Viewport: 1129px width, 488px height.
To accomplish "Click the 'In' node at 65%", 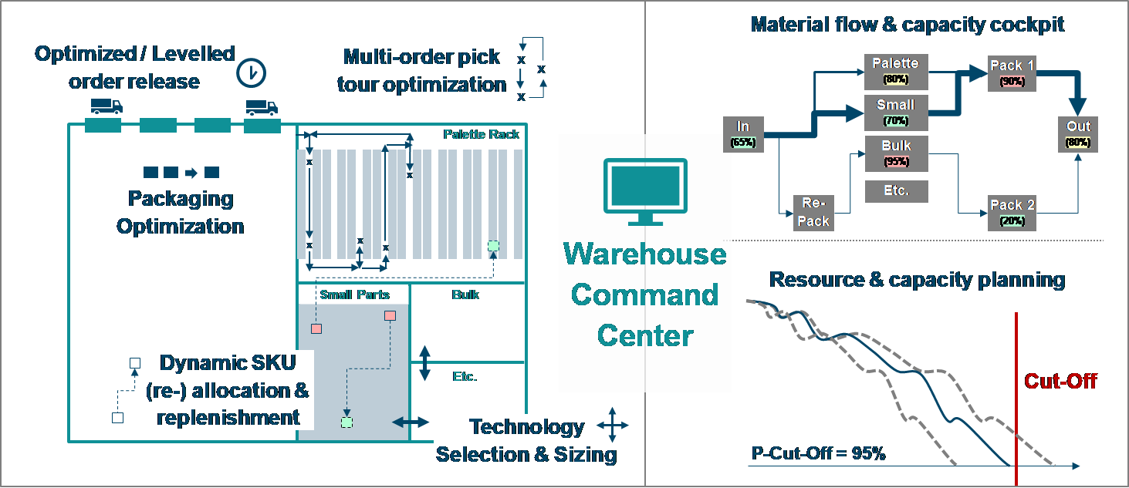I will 743,133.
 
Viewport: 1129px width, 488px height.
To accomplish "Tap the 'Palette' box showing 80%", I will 895,70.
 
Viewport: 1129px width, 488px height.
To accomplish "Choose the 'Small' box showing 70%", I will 895,112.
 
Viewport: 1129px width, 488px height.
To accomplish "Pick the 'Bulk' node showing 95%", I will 895,153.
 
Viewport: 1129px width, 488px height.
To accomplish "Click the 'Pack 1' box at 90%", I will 1012,72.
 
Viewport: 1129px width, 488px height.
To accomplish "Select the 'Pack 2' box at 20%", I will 1012,212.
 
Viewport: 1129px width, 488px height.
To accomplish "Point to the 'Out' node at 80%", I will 1078,133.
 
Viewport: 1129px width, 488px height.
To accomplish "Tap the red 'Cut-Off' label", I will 1060,381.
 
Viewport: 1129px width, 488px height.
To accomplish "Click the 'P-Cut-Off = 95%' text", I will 818,453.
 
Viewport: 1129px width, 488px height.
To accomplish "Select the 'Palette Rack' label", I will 481,134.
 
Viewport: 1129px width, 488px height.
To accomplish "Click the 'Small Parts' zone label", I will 354,294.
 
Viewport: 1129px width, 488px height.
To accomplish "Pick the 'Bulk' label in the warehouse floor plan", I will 465,294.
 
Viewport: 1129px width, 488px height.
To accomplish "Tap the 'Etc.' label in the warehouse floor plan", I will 465,376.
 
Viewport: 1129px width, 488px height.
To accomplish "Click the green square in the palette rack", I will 493,246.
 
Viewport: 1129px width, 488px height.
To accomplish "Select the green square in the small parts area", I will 346,422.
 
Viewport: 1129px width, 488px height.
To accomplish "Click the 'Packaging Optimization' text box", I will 181,213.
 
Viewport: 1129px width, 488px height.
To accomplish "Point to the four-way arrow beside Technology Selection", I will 611,424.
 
